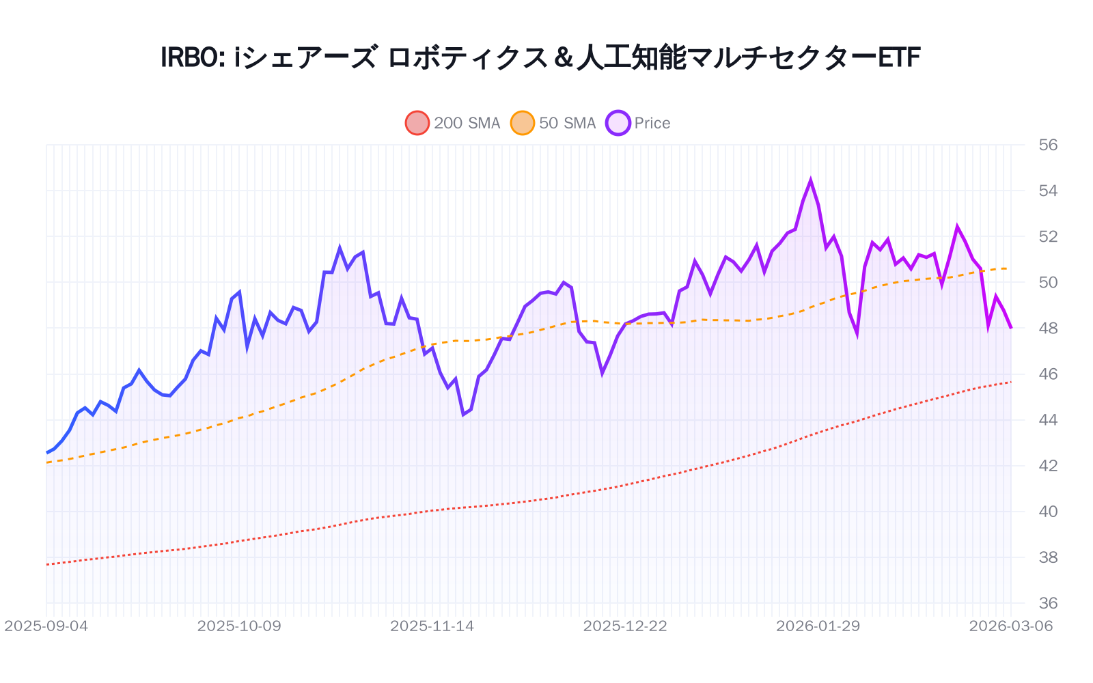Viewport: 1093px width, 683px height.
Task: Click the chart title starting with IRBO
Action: (540, 57)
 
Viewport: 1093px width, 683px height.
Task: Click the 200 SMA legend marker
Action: (417, 123)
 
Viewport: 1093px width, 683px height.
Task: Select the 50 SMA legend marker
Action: (523, 123)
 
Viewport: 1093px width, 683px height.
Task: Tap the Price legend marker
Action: (618, 123)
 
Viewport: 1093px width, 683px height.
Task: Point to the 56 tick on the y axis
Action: (1048, 145)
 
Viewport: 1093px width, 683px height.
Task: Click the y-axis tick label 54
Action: (1048, 191)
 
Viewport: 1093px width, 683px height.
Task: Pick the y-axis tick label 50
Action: (1048, 282)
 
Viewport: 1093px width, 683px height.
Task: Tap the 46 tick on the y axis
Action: (1048, 374)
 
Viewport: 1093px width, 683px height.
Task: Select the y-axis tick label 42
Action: (1048, 466)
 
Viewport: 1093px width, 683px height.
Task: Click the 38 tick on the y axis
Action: (1048, 557)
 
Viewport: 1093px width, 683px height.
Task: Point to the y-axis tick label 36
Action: (1048, 603)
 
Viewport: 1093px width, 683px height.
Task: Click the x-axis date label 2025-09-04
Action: (46, 626)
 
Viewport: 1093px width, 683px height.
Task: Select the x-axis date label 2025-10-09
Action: (239, 626)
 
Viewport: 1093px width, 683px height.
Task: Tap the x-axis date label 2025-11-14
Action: (432, 626)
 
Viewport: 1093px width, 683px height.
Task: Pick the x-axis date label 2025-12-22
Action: (625, 626)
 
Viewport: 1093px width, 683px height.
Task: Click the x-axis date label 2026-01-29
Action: (818, 626)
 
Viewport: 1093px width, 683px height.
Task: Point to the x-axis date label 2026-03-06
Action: (1011, 626)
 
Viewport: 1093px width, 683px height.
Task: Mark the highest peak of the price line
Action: (811, 181)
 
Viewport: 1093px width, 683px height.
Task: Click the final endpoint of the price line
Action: (1011, 328)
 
